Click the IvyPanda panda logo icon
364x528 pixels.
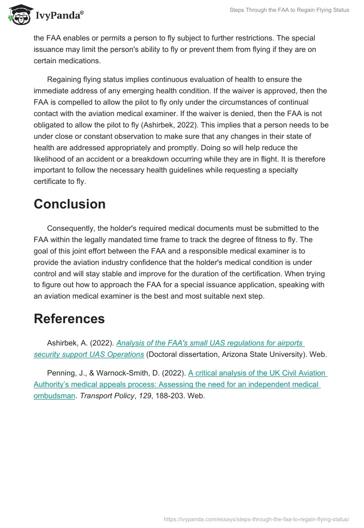pos(18,15)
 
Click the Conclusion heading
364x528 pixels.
pos(70,204)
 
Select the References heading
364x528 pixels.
pos(69,319)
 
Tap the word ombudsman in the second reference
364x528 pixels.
pos(54,396)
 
